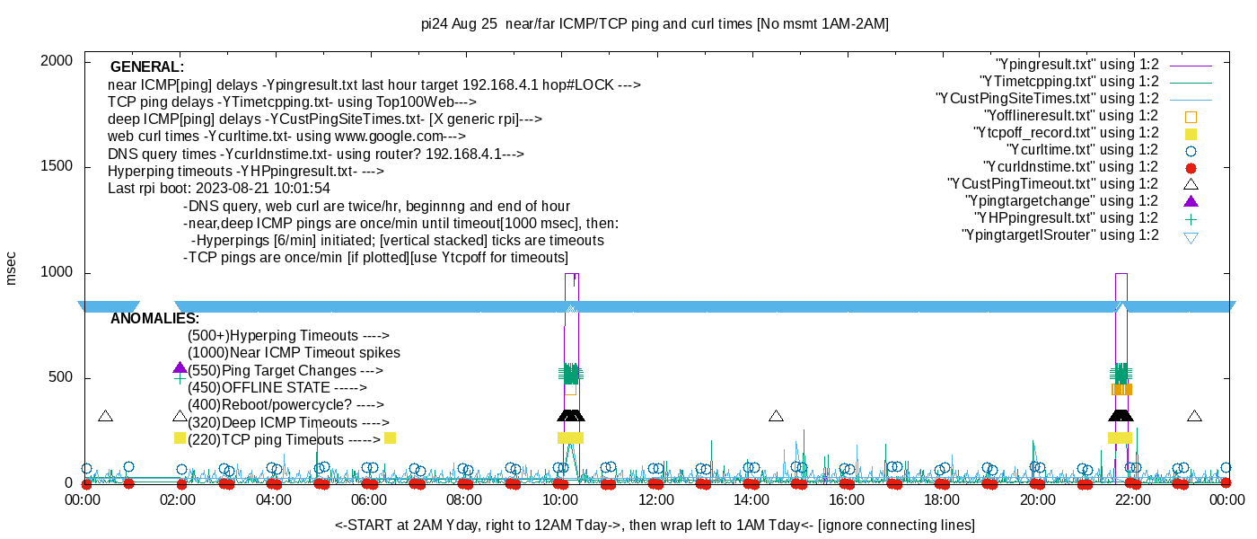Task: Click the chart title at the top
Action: tap(655, 24)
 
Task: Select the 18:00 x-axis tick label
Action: tap(942, 499)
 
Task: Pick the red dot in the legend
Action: tap(1191, 167)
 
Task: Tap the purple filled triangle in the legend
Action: tap(1191, 201)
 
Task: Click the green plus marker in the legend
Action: tap(1191, 218)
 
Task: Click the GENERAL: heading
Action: tap(147, 67)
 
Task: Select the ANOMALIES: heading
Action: tap(155, 319)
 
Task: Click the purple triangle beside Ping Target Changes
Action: tap(180, 368)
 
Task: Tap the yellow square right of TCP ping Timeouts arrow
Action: tap(390, 438)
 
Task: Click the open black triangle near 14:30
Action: tap(776, 416)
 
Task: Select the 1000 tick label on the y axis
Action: tap(57, 273)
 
